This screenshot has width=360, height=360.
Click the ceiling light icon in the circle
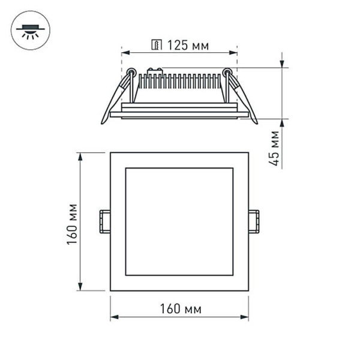pos(31,31)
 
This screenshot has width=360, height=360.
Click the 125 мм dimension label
pos(188,45)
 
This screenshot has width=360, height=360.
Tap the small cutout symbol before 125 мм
pos(158,45)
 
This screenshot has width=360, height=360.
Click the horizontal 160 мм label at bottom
pos(180,309)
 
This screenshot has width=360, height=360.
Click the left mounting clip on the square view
pos(105,220)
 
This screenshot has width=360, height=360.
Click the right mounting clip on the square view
pos(254,220)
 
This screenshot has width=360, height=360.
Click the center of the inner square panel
pos(179,221)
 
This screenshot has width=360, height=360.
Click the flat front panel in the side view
pos(179,113)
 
